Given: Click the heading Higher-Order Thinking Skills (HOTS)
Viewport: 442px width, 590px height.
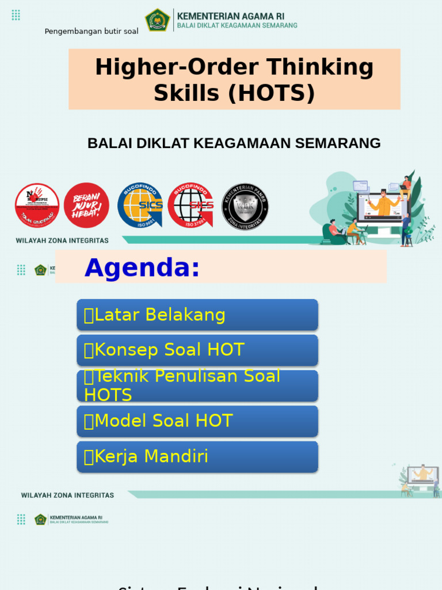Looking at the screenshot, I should (234, 80).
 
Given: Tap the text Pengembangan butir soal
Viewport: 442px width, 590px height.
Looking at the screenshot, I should (92, 31).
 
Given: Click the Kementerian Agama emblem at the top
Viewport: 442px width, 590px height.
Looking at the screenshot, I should (157, 20).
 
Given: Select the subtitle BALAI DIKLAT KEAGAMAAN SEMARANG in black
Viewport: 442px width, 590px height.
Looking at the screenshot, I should (234, 143).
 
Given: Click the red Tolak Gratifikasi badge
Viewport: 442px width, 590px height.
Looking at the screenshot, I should (37, 206).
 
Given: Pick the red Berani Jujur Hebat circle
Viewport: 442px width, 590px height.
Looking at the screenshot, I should (86, 206).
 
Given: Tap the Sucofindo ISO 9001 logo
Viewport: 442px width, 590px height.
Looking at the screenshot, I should (140, 206).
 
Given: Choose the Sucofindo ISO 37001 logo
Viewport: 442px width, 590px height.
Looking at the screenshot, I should (190, 206).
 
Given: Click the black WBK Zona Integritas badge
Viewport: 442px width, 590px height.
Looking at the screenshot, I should (245, 207).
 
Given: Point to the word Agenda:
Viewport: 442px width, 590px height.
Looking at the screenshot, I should (142, 268).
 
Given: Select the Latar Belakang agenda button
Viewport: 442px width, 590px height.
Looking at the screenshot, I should (197, 315).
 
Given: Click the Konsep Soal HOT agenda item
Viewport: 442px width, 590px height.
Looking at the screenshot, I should (197, 350).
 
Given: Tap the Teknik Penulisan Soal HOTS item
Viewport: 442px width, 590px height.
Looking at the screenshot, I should (197, 385).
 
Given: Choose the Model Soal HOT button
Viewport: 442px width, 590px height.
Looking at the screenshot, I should (197, 421).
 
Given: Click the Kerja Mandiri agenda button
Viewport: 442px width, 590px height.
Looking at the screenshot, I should (197, 457).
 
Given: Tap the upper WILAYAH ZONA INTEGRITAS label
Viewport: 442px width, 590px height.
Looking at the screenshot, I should (62, 240).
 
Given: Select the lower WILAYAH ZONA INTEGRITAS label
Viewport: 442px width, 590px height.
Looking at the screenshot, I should (67, 495).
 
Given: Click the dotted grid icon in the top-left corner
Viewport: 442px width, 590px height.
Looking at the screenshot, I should (16, 16).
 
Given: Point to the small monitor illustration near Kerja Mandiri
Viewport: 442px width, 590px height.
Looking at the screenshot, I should (422, 475).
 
